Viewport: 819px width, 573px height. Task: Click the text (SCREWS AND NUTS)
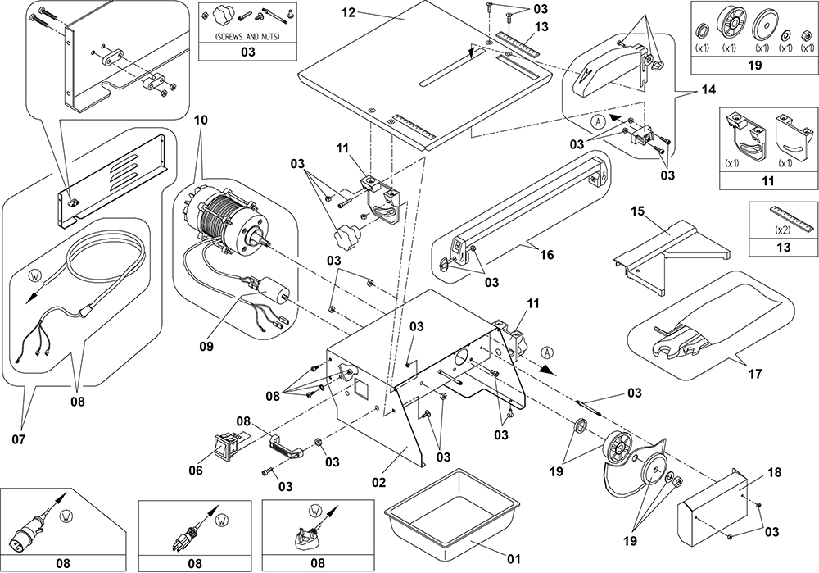244,38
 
